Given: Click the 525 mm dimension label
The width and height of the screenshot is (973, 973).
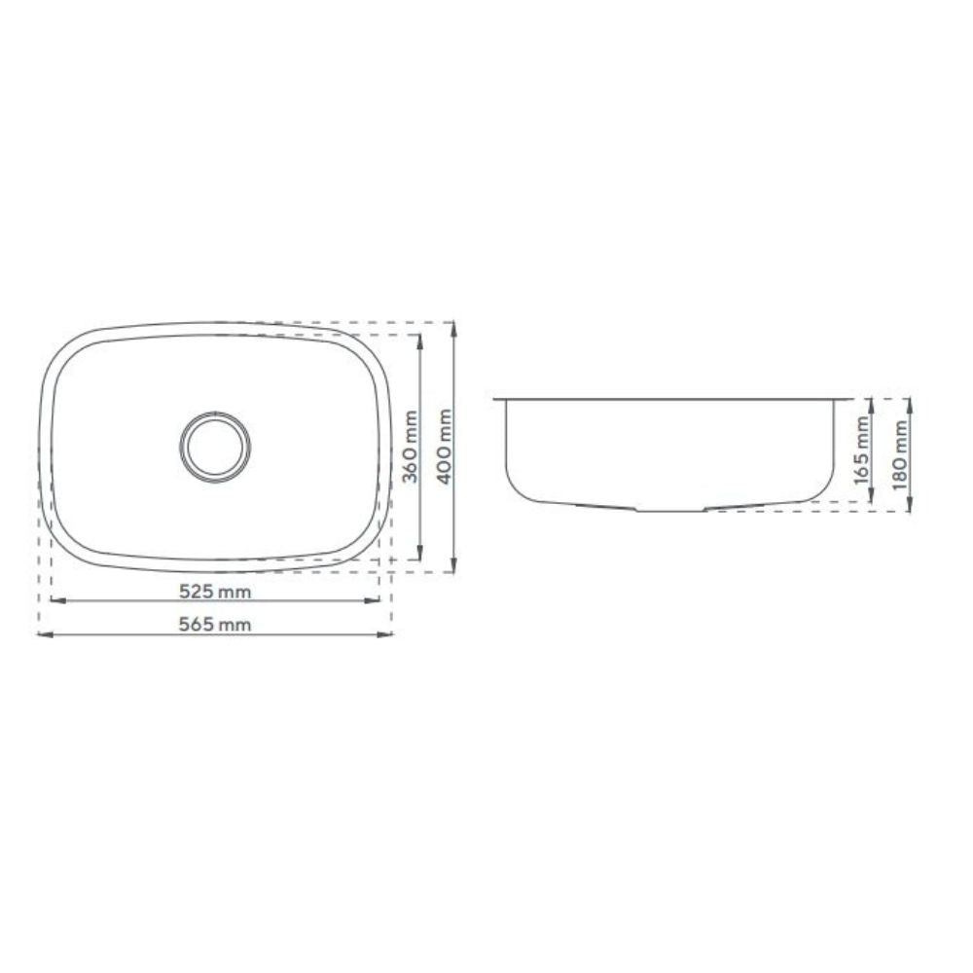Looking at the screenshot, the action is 215,592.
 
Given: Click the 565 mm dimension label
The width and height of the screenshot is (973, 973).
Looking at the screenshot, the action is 215,624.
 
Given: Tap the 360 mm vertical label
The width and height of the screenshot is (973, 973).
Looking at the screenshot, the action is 410,447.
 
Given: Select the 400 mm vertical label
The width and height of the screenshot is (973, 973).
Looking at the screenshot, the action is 445,447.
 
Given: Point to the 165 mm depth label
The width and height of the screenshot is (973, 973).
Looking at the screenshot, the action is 861,450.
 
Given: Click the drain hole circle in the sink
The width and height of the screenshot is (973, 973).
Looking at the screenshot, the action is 216,445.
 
